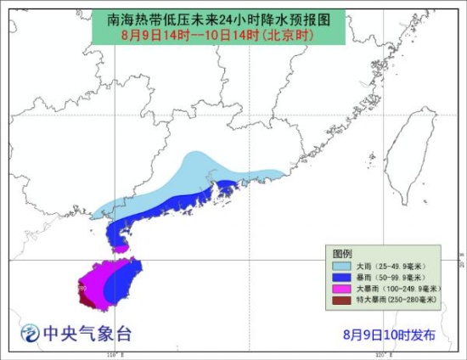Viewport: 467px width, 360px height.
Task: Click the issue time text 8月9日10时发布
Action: pos(389,334)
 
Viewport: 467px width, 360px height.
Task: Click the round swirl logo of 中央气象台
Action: pos(30,334)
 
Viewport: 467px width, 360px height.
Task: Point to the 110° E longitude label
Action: pos(111,353)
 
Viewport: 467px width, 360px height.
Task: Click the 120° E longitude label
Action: pos(381,353)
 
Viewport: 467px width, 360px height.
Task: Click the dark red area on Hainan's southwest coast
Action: pos(85,299)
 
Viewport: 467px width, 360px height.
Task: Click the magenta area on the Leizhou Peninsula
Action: pos(121,248)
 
